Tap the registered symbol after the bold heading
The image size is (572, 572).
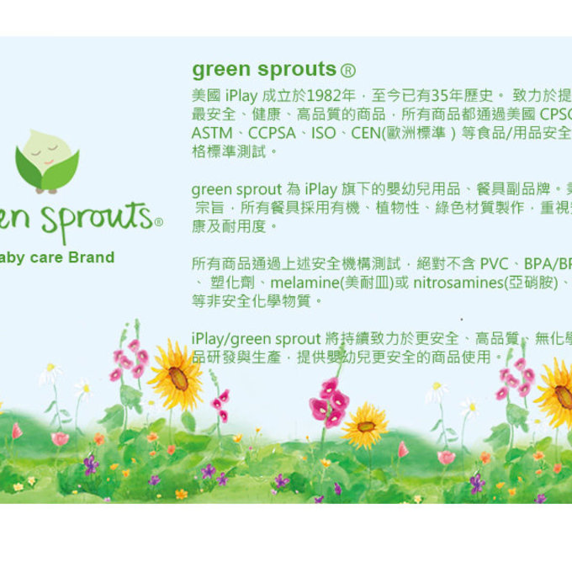[x=347, y=70]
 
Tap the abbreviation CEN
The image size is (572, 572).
[x=369, y=133]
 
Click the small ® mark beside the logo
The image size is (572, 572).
[x=158, y=222]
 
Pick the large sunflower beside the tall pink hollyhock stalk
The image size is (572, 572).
[x=177, y=378]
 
